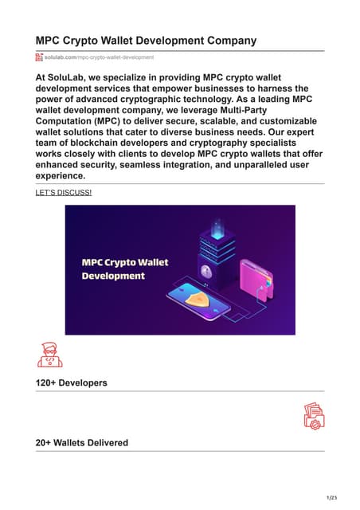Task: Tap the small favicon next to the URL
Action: click(x=39, y=58)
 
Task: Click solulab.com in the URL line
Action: click(x=60, y=58)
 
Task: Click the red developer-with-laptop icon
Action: click(x=49, y=354)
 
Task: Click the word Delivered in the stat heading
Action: click(x=104, y=442)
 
